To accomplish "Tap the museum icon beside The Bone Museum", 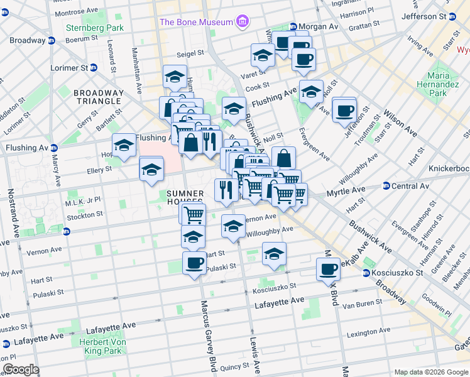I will point(242,23).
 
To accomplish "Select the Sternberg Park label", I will point(95,28).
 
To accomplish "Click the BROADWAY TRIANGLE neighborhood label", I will point(97,97).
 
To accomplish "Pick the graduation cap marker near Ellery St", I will point(151,170).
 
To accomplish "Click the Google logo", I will point(21,369).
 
